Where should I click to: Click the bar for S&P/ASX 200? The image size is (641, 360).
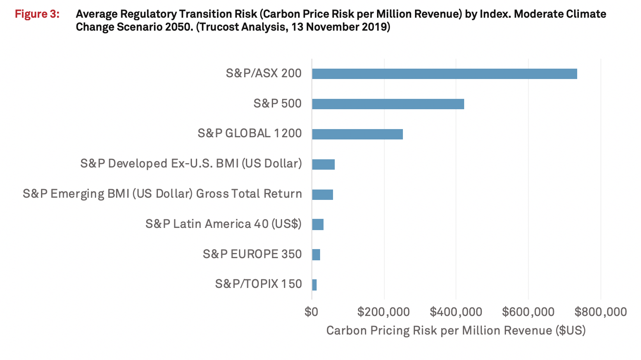[x=444, y=74]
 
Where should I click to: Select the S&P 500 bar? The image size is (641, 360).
[x=388, y=104]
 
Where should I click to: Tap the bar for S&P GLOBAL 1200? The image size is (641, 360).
[x=357, y=134]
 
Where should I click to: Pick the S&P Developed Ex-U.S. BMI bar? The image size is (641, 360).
[x=323, y=164]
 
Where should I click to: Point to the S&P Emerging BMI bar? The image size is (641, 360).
[x=322, y=194]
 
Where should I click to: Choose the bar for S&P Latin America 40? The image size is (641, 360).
[x=317, y=224]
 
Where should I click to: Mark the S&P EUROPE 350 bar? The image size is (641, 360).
[x=316, y=255]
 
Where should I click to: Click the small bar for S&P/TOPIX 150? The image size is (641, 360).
[x=314, y=284]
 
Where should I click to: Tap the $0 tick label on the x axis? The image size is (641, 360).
[x=311, y=312]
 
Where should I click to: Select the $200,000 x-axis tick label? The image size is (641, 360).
[x=383, y=312]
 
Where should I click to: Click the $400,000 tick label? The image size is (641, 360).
[x=456, y=312]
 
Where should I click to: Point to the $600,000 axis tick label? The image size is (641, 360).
[x=528, y=312]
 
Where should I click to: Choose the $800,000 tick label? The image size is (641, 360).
[x=600, y=312]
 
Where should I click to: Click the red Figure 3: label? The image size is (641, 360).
[x=37, y=14]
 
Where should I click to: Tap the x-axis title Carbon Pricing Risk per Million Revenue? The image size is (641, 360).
[x=456, y=331]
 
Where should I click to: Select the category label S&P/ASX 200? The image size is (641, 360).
[x=264, y=73]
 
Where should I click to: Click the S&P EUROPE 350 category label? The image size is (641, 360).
[x=252, y=254]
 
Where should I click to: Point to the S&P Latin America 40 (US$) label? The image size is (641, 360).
[x=223, y=224]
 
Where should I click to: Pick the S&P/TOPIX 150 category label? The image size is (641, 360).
[x=258, y=284]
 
